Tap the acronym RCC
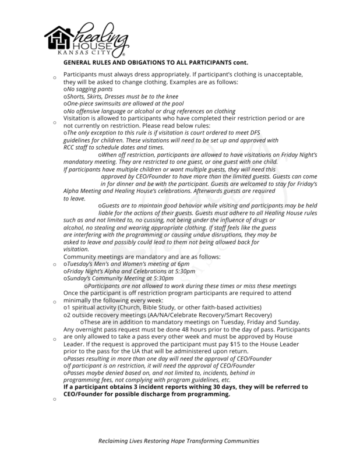pyautogui.click(x=70, y=149)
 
